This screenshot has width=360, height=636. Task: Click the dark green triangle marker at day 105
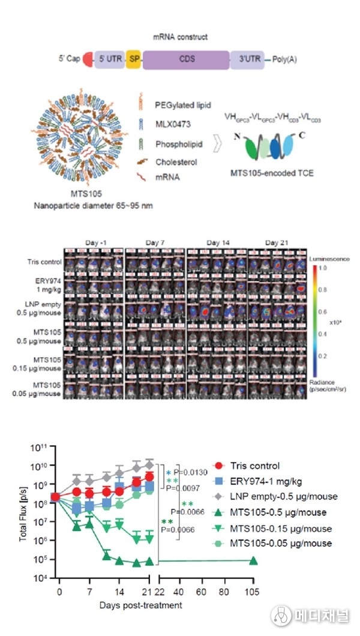[x=253, y=561]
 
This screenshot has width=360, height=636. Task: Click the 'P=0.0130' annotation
[x=191, y=473]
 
